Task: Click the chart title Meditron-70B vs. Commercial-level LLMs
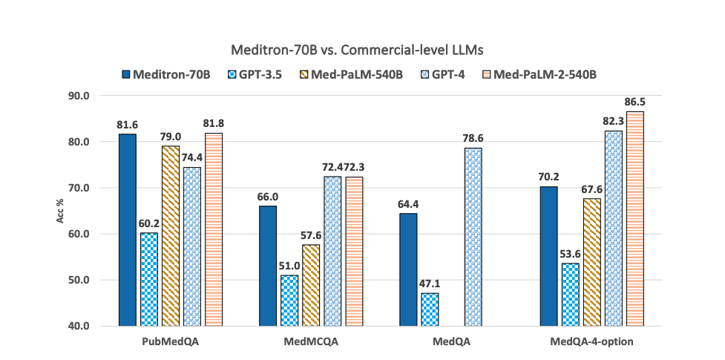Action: coord(361,50)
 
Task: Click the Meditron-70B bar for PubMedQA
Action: coord(128,230)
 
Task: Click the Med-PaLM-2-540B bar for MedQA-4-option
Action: coord(635,219)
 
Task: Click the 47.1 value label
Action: coord(430,282)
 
